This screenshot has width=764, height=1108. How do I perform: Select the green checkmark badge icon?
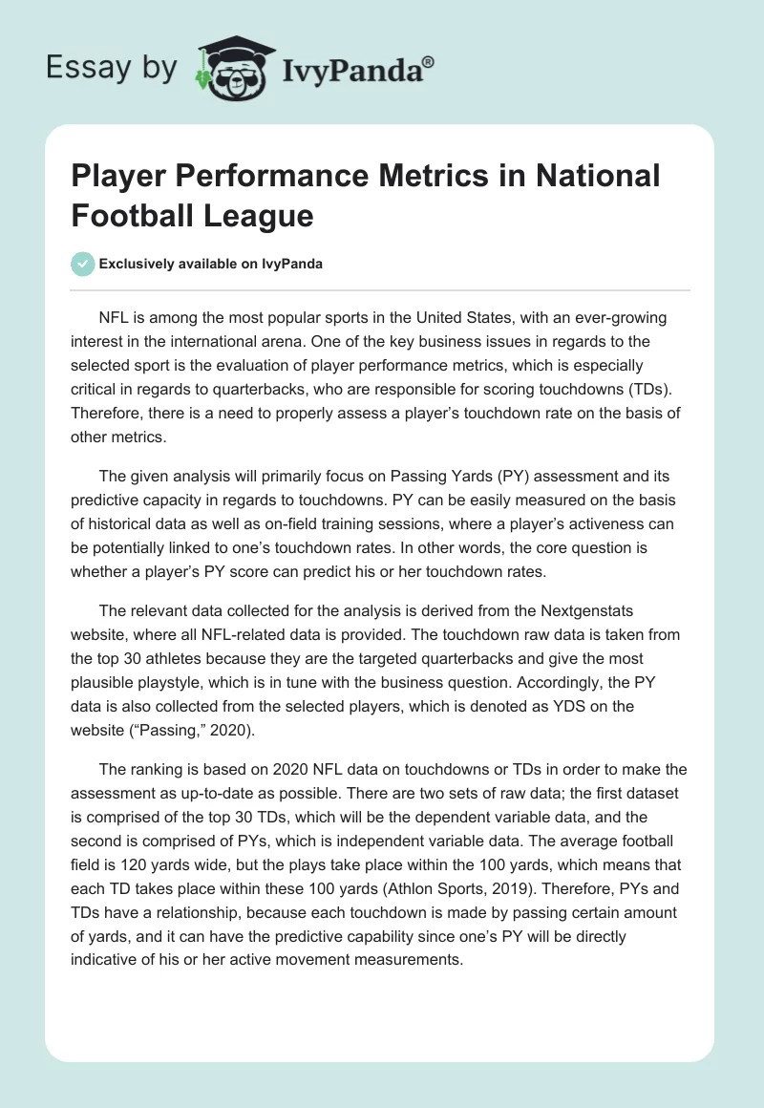83,265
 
